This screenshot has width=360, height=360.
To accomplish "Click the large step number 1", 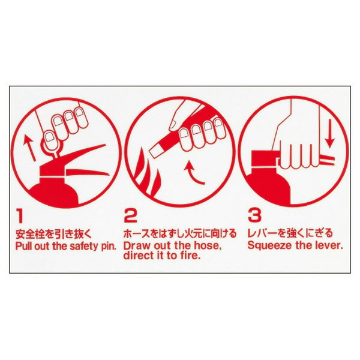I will [x=20, y=215].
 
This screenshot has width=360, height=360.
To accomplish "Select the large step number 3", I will [x=253, y=215].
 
